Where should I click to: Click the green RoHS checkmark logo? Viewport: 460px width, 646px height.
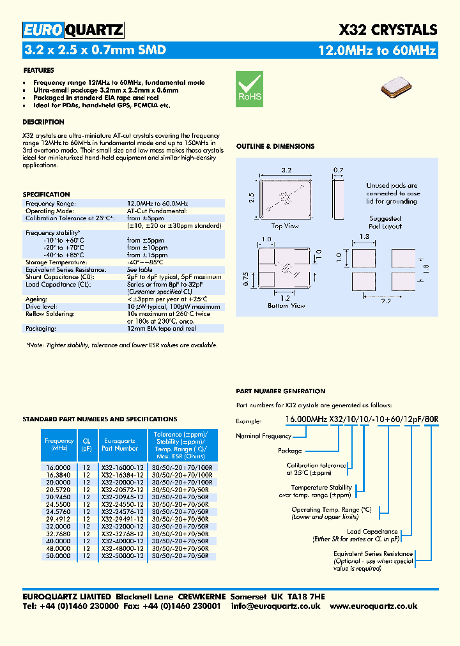[x=249, y=87]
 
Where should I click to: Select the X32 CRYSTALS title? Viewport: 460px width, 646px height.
[x=387, y=30]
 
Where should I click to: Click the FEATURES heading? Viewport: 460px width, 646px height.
[x=38, y=70]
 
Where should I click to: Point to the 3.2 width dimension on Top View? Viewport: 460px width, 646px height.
[x=286, y=170]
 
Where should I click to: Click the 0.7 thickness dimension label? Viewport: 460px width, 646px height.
[x=339, y=170]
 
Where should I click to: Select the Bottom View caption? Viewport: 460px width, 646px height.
[x=286, y=306]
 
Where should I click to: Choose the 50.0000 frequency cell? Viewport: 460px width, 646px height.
[x=58, y=556]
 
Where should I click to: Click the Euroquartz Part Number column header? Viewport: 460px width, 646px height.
[x=120, y=444]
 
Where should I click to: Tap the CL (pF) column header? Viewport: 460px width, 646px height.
[x=87, y=444]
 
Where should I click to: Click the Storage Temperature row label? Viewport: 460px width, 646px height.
[x=56, y=262]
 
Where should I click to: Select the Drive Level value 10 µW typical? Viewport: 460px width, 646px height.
[x=173, y=306]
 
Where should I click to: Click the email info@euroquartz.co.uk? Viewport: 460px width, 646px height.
[x=275, y=606]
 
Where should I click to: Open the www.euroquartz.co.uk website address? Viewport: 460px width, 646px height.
[x=374, y=606]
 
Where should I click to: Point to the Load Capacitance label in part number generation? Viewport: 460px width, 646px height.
[x=372, y=531]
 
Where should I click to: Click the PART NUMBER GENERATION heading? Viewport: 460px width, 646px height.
[x=280, y=391]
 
